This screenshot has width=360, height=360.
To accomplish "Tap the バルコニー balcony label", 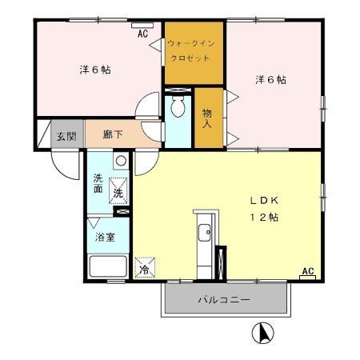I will [225, 300].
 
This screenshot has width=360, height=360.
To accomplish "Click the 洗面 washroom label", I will [98, 183].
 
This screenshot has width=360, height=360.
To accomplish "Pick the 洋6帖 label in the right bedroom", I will [270, 80].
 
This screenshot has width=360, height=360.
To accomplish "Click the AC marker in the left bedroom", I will [142, 34].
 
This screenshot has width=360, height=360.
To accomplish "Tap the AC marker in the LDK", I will [307, 272].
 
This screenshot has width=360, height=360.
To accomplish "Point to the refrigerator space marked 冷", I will [144, 268].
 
